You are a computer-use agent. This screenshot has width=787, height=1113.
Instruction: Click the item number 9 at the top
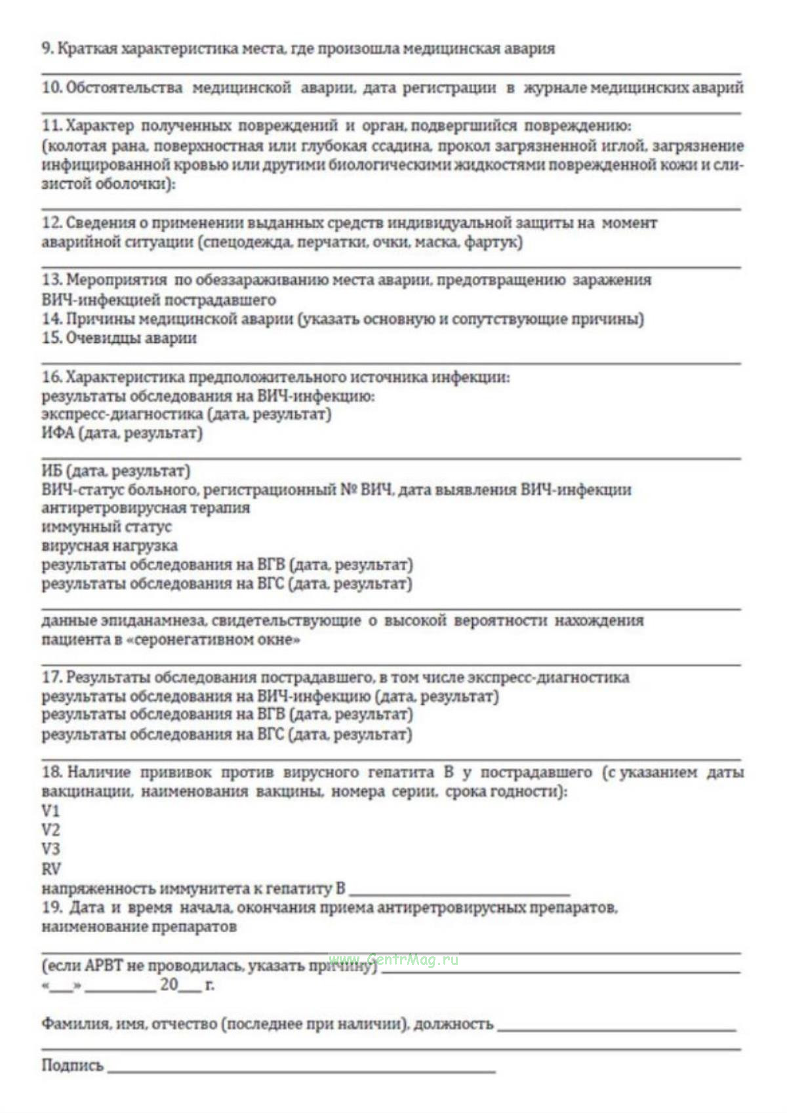click(47, 49)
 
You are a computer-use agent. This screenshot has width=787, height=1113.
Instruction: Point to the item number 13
click(51, 280)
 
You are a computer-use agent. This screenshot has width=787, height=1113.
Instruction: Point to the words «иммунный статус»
click(106, 527)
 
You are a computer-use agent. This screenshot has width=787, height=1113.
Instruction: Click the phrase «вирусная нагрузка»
click(110, 546)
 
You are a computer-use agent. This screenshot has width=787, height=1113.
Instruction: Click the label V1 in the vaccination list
click(50, 811)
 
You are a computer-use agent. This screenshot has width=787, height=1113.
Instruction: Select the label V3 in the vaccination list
click(50, 849)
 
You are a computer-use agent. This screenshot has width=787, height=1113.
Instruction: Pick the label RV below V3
click(50, 869)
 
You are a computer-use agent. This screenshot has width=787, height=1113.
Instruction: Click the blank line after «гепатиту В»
click(459, 893)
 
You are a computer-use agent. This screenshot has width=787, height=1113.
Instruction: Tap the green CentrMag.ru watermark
click(393, 960)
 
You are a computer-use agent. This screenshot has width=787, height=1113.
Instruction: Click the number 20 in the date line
click(169, 985)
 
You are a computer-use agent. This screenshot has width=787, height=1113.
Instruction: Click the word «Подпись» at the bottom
click(72, 1065)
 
